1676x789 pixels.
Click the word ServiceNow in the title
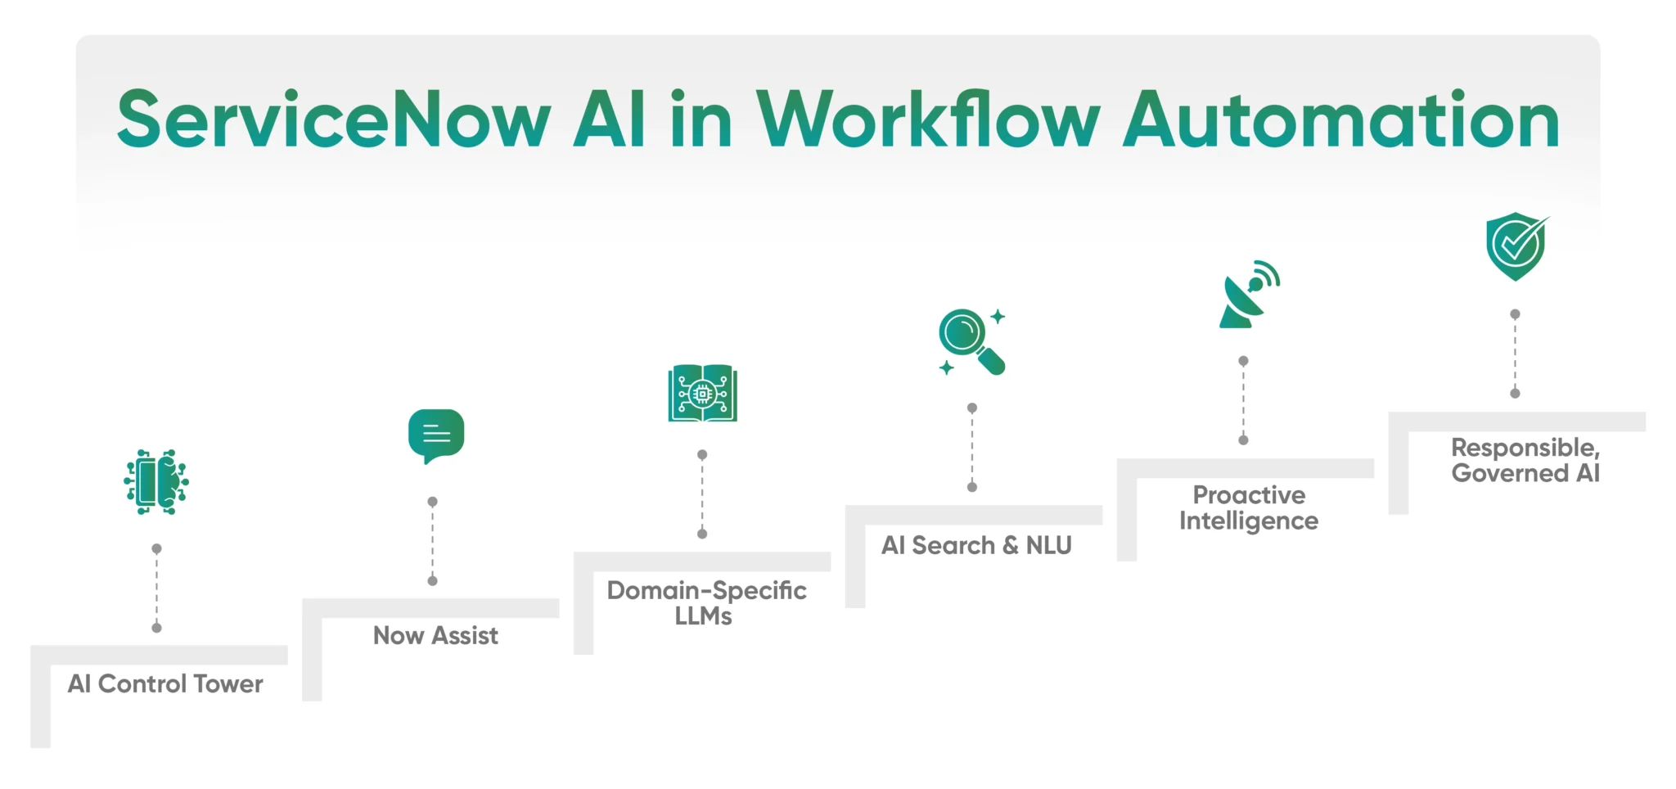point(334,120)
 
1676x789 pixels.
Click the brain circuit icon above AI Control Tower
point(156,482)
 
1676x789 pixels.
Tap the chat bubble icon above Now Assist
point(436,435)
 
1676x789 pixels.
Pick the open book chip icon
point(702,394)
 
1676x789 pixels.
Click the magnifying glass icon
point(971,341)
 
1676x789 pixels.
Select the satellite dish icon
point(1247,295)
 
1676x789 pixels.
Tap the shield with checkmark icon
point(1516,246)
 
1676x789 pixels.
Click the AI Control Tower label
point(165,684)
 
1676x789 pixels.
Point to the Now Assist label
point(435,636)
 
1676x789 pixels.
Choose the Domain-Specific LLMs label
point(705,603)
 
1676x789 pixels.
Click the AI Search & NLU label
point(976,546)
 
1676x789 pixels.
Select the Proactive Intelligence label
point(1249,508)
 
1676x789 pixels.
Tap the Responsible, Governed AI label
point(1525,461)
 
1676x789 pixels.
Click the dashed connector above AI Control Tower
point(156,588)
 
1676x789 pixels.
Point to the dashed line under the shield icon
point(1515,354)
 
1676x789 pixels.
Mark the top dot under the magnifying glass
point(972,408)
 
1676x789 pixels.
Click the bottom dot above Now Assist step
point(433,581)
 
